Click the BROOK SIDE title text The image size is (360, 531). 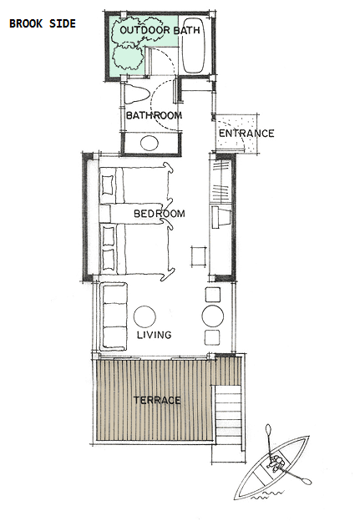(x=43, y=23)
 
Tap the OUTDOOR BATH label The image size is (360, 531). (x=160, y=30)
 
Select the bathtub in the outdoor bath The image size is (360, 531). (x=194, y=45)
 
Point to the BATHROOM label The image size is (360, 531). (x=154, y=115)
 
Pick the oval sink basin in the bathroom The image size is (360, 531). (x=150, y=144)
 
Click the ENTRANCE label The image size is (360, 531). (x=246, y=133)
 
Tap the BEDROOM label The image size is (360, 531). (x=160, y=214)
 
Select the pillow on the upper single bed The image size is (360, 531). (x=108, y=185)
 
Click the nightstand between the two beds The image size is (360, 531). (x=105, y=214)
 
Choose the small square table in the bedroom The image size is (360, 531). (x=199, y=256)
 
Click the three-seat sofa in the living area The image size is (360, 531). (x=114, y=316)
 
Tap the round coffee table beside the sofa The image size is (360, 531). (x=145, y=317)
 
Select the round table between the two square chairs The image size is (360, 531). (x=213, y=316)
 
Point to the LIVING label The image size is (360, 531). (x=154, y=335)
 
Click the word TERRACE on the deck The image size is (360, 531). (x=157, y=400)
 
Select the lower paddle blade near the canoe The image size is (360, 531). (x=307, y=480)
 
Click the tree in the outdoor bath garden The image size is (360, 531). (x=127, y=58)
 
